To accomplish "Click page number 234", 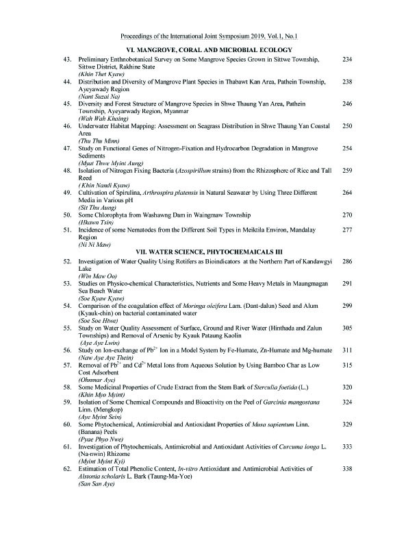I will [346, 60].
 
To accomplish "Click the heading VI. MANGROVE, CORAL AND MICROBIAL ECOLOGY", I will [210, 51].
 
